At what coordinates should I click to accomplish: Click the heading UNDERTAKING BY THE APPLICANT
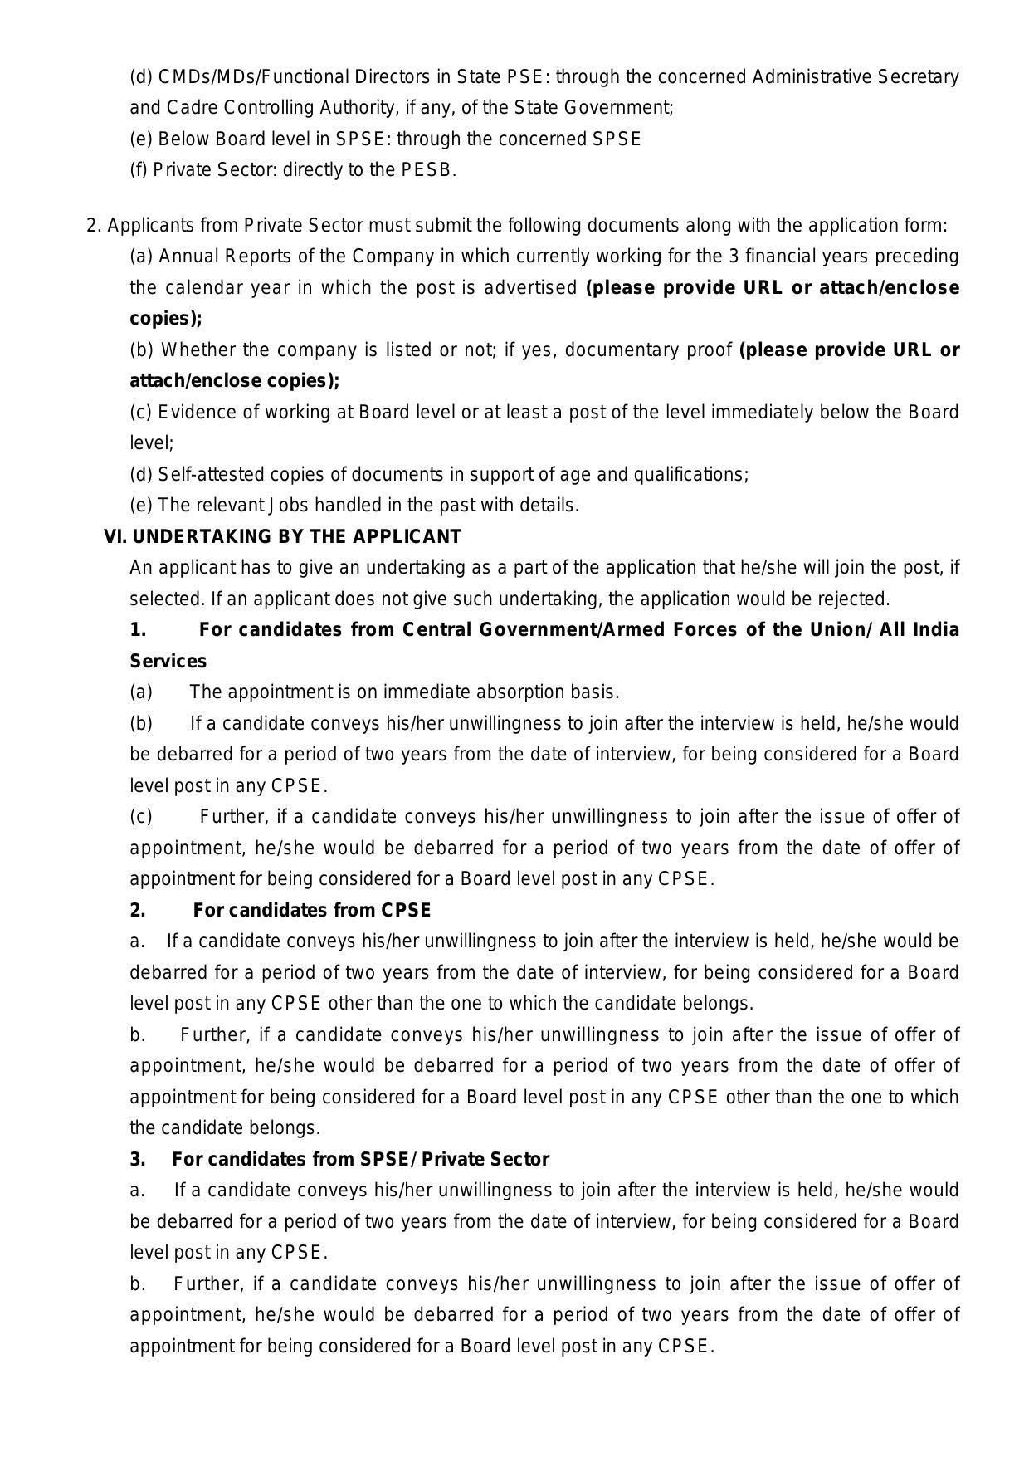[x=296, y=536]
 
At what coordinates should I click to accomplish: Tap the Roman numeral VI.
[x=115, y=536]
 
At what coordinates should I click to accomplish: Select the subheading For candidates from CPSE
[x=312, y=910]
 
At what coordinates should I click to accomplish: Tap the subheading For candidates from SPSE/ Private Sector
[x=360, y=1159]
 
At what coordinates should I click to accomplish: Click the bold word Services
[x=168, y=662]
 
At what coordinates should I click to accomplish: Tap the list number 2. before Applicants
[x=94, y=226]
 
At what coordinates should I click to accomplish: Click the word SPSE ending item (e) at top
[x=617, y=139]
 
